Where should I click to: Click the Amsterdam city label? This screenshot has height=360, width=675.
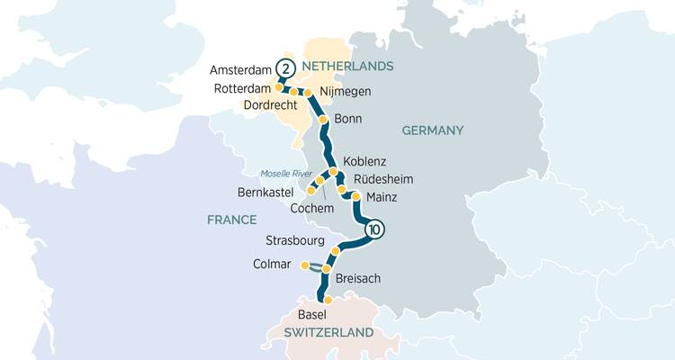[x=238, y=69]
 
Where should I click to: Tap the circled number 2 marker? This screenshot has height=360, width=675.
[x=285, y=68]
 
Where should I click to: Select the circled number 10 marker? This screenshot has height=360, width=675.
[x=374, y=230]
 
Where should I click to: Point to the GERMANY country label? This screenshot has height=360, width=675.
[x=432, y=130]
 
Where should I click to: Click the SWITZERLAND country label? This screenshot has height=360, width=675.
[x=328, y=333]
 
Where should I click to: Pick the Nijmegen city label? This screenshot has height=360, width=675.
[x=346, y=92]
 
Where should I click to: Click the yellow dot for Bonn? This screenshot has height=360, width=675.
[x=322, y=120]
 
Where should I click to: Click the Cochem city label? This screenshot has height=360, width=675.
[x=312, y=208]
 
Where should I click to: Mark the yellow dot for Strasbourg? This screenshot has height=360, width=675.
[x=336, y=250]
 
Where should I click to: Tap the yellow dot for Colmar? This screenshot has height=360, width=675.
[x=305, y=265]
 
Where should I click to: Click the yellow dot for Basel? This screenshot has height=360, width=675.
[x=328, y=300]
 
